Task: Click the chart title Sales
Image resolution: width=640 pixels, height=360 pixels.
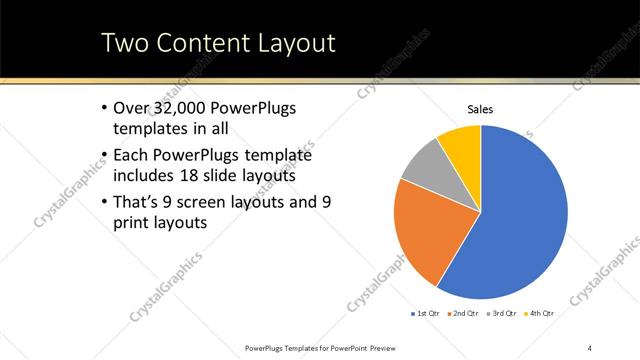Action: pyautogui.click(x=480, y=109)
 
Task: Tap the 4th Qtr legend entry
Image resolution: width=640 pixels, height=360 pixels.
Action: pyautogui.click(x=539, y=314)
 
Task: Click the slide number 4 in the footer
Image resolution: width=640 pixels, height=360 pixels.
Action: pyautogui.click(x=590, y=347)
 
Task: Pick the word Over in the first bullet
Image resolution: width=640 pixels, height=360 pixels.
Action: pyautogui.click(x=131, y=108)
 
